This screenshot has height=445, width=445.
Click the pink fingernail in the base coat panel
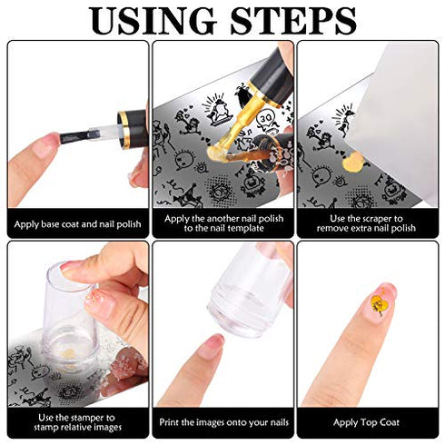click(46, 146)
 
